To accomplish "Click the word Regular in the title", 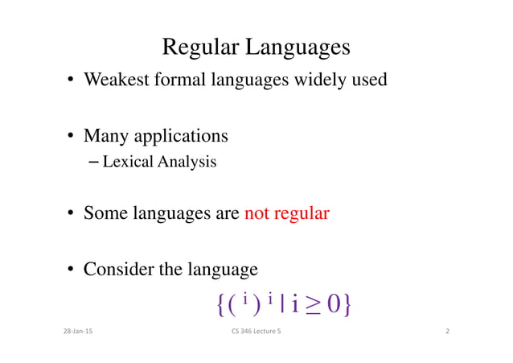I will click(200, 47).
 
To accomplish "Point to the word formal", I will click(186, 80).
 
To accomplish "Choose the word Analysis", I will click(186, 162).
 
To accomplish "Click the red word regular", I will click(302, 214).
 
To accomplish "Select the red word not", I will click(256, 214).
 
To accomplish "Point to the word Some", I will click(105, 214).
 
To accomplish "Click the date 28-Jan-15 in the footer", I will click(77, 332).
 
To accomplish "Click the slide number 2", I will click(447, 332).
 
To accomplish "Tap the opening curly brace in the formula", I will click(221, 304).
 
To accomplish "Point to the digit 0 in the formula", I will click(336, 304).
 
